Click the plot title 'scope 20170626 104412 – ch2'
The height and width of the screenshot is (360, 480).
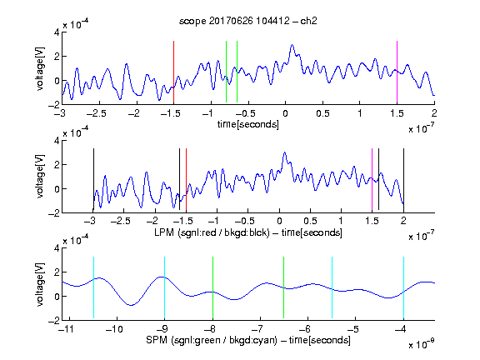[248, 21]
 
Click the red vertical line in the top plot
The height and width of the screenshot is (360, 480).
[173, 72]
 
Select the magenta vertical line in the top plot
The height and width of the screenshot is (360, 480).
[397, 72]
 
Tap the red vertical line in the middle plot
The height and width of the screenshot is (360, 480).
[186, 180]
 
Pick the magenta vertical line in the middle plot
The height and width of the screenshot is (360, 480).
[372, 180]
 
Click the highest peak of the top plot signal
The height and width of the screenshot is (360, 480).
[292, 45]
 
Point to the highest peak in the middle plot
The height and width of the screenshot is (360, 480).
[285, 152]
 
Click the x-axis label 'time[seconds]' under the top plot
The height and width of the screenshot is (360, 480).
[248, 124]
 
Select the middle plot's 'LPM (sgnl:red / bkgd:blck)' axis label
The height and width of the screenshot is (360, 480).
[212, 232]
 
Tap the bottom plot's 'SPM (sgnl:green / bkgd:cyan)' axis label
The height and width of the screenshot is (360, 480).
[212, 340]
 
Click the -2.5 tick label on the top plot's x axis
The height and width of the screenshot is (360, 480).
[97, 113]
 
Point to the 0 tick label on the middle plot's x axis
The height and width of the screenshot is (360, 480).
[279, 221]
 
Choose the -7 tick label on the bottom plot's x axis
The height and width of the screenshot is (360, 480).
[259, 329]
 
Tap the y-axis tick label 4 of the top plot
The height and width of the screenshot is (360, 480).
[57, 32]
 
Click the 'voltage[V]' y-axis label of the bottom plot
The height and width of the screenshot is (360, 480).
[40, 284]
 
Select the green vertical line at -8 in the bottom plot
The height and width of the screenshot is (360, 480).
[212, 287]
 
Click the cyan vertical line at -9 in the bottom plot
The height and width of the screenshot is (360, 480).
[164, 287]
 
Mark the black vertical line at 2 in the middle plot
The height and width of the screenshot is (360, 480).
[403, 180]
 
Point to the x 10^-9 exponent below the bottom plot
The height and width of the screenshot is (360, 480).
[422, 343]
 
